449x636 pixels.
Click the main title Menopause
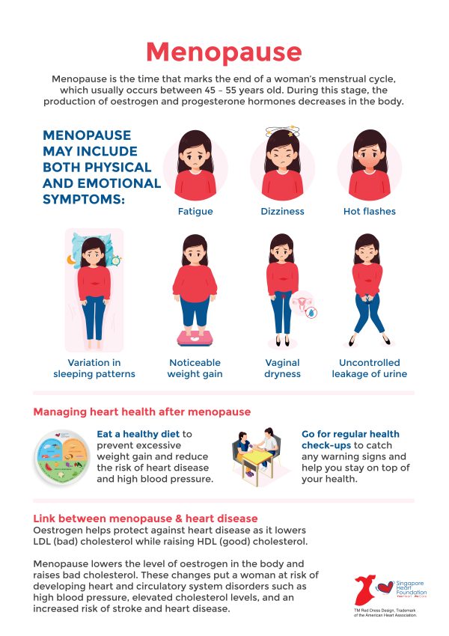224,52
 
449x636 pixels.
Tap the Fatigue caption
195,212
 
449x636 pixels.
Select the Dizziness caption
282,212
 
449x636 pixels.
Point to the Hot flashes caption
369,212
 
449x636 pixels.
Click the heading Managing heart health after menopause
142,412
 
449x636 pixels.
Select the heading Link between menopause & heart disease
146,519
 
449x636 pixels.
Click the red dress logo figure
367,591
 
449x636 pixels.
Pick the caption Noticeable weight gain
195,368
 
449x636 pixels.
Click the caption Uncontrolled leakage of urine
368,368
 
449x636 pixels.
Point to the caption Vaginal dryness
281,368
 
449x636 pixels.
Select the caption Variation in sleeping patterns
94,368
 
